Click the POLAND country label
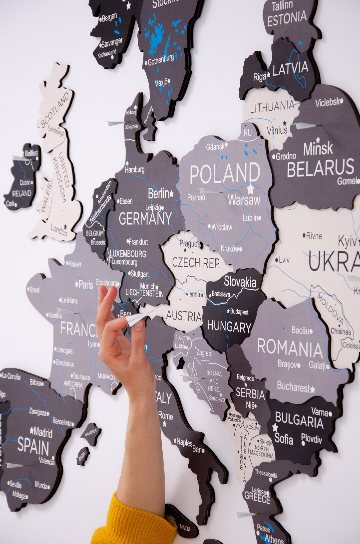[x=225, y=173]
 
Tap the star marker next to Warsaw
[x=250, y=189]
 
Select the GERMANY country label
[x=145, y=219]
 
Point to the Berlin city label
[x=158, y=193]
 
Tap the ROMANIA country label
[x=290, y=348]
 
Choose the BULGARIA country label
[x=299, y=421]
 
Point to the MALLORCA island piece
[x=90, y=432]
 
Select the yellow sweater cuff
[x=133, y=524]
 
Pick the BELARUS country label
[x=320, y=168]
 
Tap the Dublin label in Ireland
[x=25, y=182]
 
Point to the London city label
[x=59, y=229]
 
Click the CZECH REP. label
[x=196, y=263]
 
